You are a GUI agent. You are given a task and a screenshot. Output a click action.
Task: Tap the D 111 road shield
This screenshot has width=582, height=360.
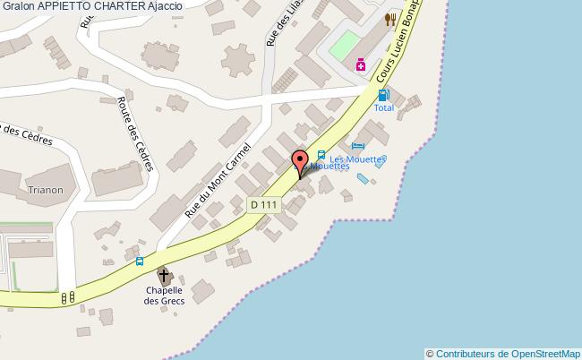(265, 205)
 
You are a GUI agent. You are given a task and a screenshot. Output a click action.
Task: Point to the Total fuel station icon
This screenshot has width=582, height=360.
(383, 95)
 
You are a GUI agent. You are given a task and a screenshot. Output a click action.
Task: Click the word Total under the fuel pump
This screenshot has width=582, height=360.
(383, 107)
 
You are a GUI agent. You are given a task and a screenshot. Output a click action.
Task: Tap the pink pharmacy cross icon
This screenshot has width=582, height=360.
(360, 64)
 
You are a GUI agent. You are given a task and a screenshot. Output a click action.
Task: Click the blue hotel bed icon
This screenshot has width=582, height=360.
(358, 146)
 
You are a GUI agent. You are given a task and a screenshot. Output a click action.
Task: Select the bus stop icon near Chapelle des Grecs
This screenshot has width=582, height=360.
(139, 261)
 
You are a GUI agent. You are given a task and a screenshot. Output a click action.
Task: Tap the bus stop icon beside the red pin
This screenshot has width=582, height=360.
(321, 154)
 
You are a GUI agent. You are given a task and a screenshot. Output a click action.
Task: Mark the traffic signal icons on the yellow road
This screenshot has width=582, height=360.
(66, 297)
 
